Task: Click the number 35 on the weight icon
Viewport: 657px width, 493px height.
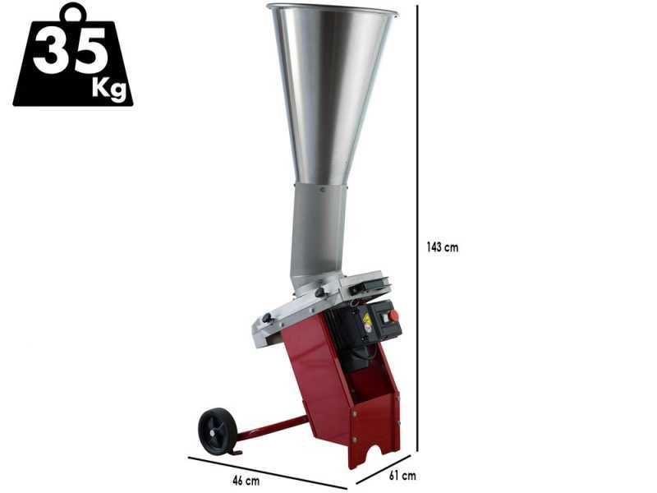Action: (x=70, y=51)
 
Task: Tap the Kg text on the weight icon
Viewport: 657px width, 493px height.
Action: (x=109, y=89)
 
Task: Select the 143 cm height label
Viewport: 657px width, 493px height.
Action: (x=443, y=247)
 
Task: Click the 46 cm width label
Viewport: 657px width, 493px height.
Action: (x=246, y=481)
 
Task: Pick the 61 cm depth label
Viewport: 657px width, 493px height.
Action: (x=402, y=476)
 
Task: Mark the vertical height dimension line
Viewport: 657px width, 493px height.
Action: (x=418, y=228)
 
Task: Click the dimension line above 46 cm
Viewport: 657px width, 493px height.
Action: (x=268, y=472)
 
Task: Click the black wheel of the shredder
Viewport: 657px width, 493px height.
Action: (x=217, y=431)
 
